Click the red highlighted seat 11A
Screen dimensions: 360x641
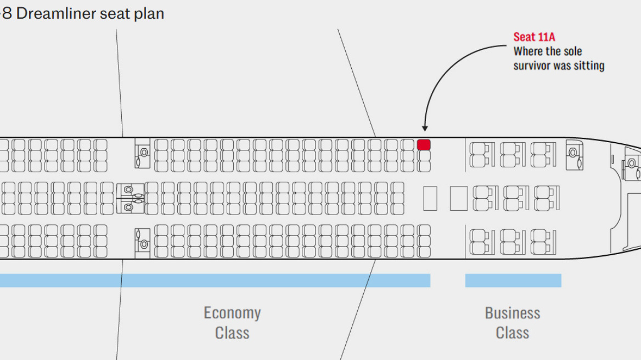[424, 145]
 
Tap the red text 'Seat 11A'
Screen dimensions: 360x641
[534, 37]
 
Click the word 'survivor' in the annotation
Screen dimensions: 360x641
[531, 66]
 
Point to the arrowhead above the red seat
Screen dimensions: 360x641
[424, 128]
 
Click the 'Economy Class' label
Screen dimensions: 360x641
[232, 323]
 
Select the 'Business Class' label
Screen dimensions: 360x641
[513, 323]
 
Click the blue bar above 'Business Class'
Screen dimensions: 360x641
[513, 280]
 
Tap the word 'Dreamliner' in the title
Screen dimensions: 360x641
[57, 14]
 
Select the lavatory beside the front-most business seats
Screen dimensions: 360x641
[575, 156]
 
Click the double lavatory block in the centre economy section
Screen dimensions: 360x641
[131, 198]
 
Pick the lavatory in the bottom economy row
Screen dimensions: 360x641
[142, 243]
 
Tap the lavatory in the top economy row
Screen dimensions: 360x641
[142, 153]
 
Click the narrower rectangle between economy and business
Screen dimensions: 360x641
[430, 198]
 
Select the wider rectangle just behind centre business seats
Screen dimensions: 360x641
[459, 198]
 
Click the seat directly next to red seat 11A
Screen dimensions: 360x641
[424, 155]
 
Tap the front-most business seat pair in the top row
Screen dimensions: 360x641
[542, 154]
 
